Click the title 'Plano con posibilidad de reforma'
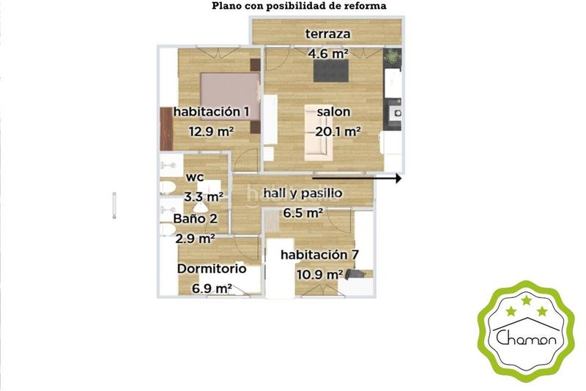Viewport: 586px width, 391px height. (x=299, y=6)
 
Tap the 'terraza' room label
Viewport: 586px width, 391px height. (x=327, y=34)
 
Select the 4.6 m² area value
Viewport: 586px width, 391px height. (x=327, y=53)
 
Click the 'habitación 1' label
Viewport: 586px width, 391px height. (x=211, y=112)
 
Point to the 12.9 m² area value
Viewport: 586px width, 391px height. (x=211, y=132)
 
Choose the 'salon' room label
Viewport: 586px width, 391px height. (x=333, y=112)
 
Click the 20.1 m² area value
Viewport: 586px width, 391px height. (x=338, y=132)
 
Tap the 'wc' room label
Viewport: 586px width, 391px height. (x=194, y=177)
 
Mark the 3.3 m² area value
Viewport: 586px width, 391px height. (x=204, y=196)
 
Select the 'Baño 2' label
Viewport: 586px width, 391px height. (x=195, y=218)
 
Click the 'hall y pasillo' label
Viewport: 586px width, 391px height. (x=303, y=193)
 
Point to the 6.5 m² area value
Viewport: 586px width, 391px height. (x=303, y=213)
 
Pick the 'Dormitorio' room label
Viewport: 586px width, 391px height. (x=212, y=269)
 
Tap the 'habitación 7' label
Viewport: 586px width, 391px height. (x=319, y=255)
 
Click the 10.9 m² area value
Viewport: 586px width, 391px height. (x=320, y=275)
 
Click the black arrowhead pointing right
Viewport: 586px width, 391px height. (x=398, y=178)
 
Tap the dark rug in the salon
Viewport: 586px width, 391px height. (x=333, y=70)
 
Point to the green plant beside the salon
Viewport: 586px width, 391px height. (x=393, y=55)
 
